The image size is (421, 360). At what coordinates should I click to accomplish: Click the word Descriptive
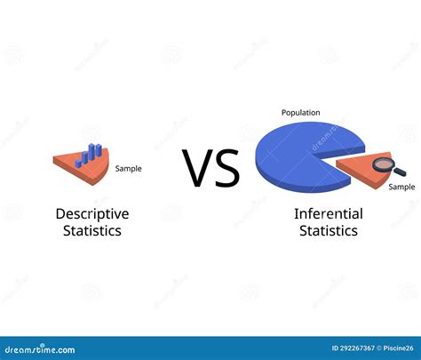[x=92, y=213]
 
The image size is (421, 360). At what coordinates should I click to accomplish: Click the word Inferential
[x=328, y=213]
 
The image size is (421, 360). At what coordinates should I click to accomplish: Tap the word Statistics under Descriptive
[x=92, y=230]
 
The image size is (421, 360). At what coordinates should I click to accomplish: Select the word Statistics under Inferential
[x=328, y=230]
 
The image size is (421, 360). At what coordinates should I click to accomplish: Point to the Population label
[x=300, y=113]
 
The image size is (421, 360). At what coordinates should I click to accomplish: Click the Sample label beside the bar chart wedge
[x=128, y=168]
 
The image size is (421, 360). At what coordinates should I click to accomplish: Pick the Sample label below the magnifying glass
[x=401, y=187]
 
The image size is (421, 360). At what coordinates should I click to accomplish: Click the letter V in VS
[x=197, y=168]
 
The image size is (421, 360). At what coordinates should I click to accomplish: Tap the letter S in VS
[x=226, y=168]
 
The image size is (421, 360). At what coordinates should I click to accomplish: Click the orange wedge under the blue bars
[x=75, y=164]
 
